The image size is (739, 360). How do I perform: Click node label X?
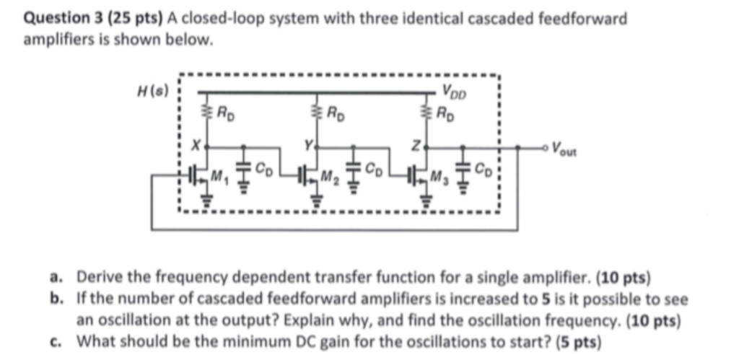193,146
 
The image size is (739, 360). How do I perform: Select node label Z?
416,146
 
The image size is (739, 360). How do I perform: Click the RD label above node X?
226,112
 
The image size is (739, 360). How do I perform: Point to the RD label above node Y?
336,112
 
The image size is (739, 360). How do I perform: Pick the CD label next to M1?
266,172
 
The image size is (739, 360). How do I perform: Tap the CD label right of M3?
486,172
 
